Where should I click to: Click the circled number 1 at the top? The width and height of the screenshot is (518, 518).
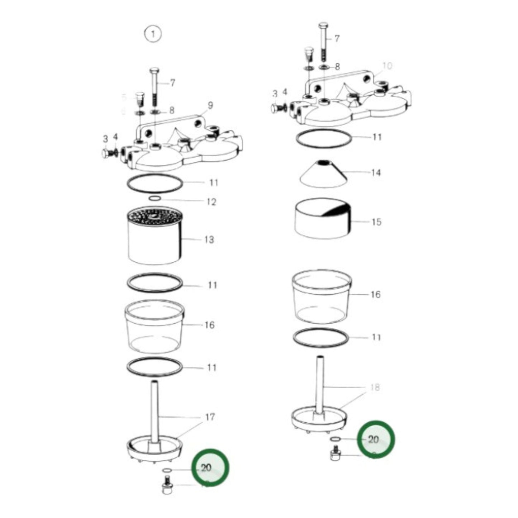pyautogui.click(x=153, y=34)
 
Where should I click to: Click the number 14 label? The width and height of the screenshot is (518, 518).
pyautogui.click(x=376, y=173)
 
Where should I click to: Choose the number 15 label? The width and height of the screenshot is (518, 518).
pyautogui.click(x=376, y=222)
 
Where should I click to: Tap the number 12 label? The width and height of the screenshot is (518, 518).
pyautogui.click(x=212, y=202)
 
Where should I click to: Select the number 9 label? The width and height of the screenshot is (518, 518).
pyautogui.click(x=210, y=105)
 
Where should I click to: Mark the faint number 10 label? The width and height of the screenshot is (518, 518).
pyautogui.click(x=388, y=66)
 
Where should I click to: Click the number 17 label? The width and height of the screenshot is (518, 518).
pyautogui.click(x=210, y=417)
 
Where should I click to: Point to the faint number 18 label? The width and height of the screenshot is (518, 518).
pyautogui.click(x=375, y=388)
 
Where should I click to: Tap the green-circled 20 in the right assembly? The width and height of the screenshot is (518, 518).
pyautogui.click(x=374, y=439)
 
